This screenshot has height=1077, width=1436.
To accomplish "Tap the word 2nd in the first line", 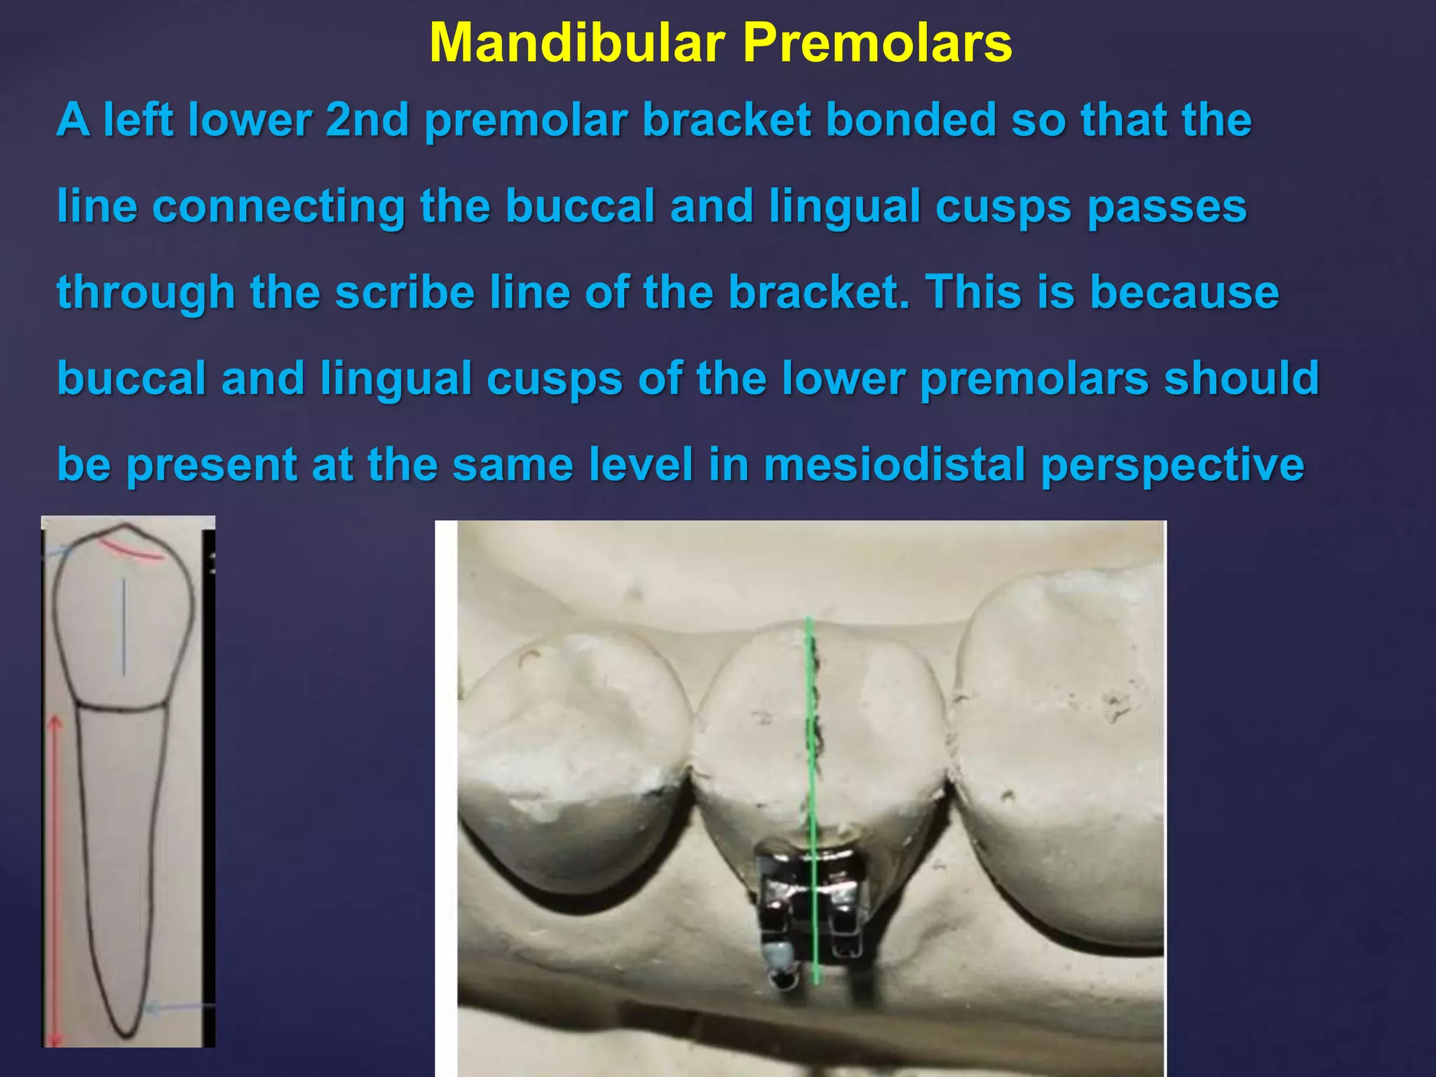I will [367, 120].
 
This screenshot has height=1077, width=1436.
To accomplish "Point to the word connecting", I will [278, 207].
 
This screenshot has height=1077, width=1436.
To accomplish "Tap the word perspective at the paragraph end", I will [1172, 466].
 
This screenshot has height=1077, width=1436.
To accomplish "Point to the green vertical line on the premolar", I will [811, 736].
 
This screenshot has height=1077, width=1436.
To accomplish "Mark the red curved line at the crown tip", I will [131, 551].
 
